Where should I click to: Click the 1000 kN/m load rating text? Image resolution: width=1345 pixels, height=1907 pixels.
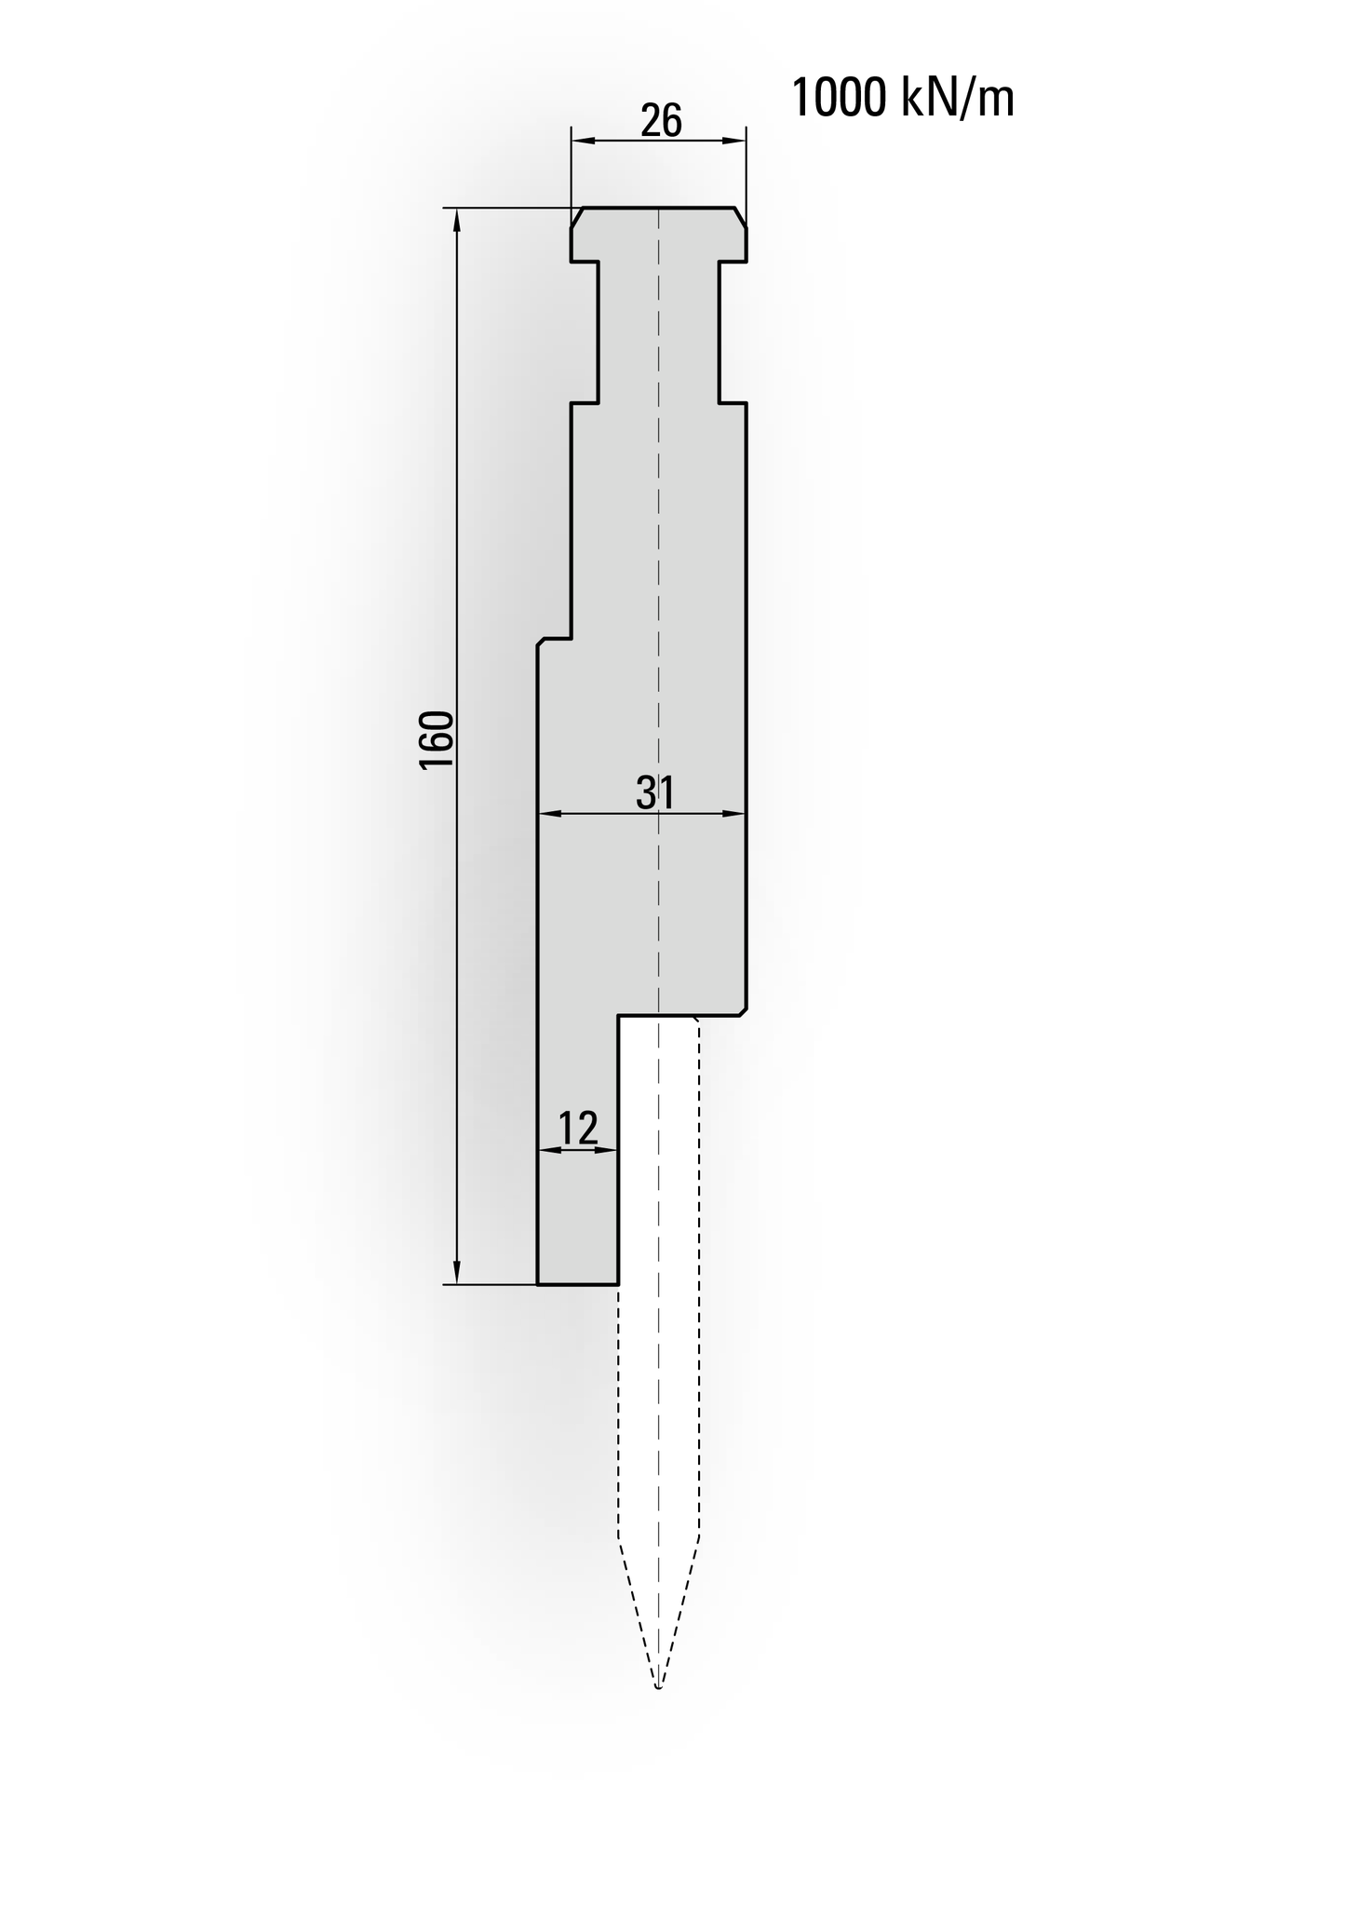(x=902, y=99)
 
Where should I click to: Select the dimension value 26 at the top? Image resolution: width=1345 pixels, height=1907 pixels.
(x=661, y=121)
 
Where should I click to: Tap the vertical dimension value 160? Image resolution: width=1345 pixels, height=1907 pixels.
(x=437, y=739)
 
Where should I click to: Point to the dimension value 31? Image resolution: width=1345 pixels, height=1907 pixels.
(x=655, y=792)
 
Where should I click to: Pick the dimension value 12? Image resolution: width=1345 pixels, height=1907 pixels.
(x=578, y=1129)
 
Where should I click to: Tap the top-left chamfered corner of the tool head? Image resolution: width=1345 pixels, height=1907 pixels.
(x=577, y=216)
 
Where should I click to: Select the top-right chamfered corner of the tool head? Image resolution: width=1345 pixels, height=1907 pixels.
(x=741, y=216)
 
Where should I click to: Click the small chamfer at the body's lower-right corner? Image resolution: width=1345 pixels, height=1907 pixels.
(x=743, y=1012)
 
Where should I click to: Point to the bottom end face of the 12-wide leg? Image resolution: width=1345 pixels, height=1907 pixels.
(x=578, y=1284)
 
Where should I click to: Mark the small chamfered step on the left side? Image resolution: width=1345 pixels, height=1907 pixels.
(x=541, y=642)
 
